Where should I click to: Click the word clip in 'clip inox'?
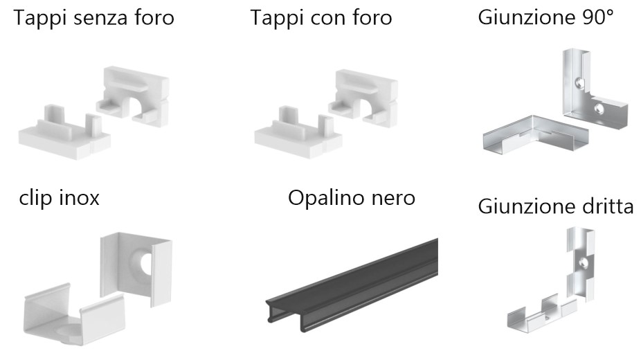(x=36, y=199)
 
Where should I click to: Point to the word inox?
(x=80, y=198)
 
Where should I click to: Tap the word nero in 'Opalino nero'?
(x=393, y=198)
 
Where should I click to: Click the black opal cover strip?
(x=352, y=286)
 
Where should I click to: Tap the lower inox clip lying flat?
(x=73, y=314)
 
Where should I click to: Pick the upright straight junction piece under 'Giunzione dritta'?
(x=581, y=264)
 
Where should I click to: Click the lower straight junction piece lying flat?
(x=541, y=314)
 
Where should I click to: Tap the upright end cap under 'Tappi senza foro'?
(x=134, y=97)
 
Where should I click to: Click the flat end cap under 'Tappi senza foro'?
(x=64, y=134)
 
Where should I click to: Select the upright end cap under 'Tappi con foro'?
(x=363, y=98)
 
